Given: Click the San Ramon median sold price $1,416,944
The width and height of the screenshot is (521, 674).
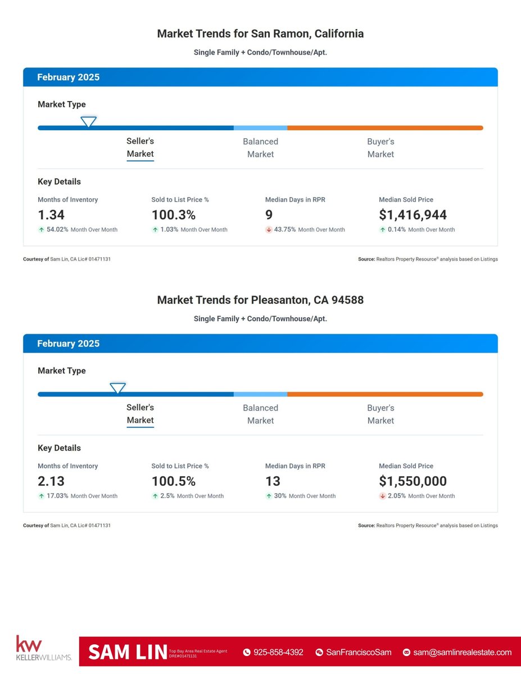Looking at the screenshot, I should [413, 215].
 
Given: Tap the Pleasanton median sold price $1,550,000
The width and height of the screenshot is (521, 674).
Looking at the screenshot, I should [413, 481].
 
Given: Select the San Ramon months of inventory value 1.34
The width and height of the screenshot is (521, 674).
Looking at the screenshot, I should [51, 215].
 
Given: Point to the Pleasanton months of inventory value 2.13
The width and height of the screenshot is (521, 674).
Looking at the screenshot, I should [52, 481].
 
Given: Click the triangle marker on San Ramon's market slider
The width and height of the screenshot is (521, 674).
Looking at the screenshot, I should [88, 121].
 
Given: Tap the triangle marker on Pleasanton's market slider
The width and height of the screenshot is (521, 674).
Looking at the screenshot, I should [117, 388].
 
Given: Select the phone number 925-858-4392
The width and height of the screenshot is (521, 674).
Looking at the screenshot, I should [278, 652].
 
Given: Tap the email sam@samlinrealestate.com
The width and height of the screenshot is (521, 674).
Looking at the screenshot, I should [462, 652].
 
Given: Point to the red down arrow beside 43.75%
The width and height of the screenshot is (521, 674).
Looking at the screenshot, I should [269, 230].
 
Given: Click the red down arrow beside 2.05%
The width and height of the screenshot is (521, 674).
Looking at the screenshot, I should [382, 496].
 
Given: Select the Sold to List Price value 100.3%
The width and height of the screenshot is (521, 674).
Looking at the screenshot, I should [174, 215].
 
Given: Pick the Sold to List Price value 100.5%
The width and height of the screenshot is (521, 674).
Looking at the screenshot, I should [174, 481].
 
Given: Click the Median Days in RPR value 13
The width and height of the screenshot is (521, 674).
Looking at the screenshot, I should [273, 481].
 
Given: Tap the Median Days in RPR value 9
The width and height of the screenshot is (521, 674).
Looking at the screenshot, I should [269, 215].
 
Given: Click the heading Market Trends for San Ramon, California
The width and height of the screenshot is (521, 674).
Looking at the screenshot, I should [260, 34].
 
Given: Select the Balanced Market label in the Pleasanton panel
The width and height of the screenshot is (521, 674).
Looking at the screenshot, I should [260, 414].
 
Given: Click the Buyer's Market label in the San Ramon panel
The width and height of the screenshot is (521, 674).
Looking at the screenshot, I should [380, 148].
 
